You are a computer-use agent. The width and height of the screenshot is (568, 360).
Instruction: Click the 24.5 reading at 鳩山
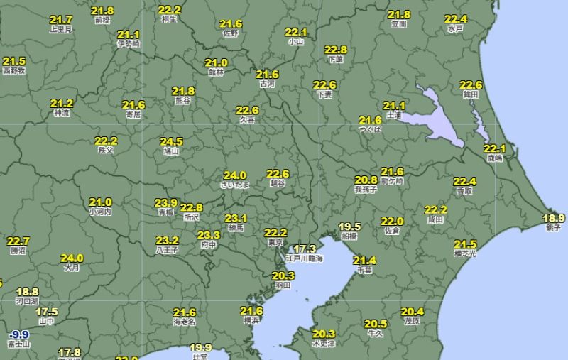171,141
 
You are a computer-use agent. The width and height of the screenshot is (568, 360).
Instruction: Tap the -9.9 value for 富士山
18,334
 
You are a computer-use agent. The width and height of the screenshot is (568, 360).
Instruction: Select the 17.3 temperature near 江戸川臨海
305,249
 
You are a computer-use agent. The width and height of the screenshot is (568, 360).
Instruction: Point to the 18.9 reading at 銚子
554,218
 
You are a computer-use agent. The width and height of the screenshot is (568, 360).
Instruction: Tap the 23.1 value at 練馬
236,218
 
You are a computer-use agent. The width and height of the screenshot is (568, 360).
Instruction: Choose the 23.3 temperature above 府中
209,235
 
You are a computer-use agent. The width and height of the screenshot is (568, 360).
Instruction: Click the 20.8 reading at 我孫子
366,180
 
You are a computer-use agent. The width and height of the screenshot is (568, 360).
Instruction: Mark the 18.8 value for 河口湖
27,292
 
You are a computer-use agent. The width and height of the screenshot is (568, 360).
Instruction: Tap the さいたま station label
235,185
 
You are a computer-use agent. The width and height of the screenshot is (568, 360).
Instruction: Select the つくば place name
370,130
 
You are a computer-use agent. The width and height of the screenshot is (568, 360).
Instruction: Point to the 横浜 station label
251,320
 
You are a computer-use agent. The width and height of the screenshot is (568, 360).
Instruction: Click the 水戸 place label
455,28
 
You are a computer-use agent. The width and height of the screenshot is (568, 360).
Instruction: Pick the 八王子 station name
167,250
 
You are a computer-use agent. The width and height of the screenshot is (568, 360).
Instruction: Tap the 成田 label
435,219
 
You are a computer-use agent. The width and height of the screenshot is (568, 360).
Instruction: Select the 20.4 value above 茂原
412,312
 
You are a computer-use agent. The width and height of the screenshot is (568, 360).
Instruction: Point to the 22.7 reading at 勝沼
18,241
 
